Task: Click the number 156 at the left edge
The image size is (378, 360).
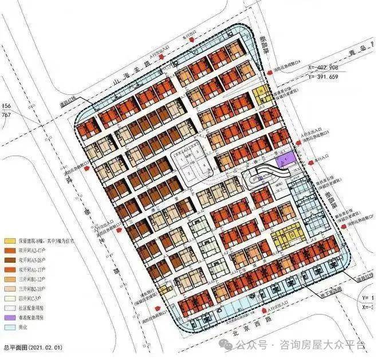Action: pyautogui.click(x=7, y=106)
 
